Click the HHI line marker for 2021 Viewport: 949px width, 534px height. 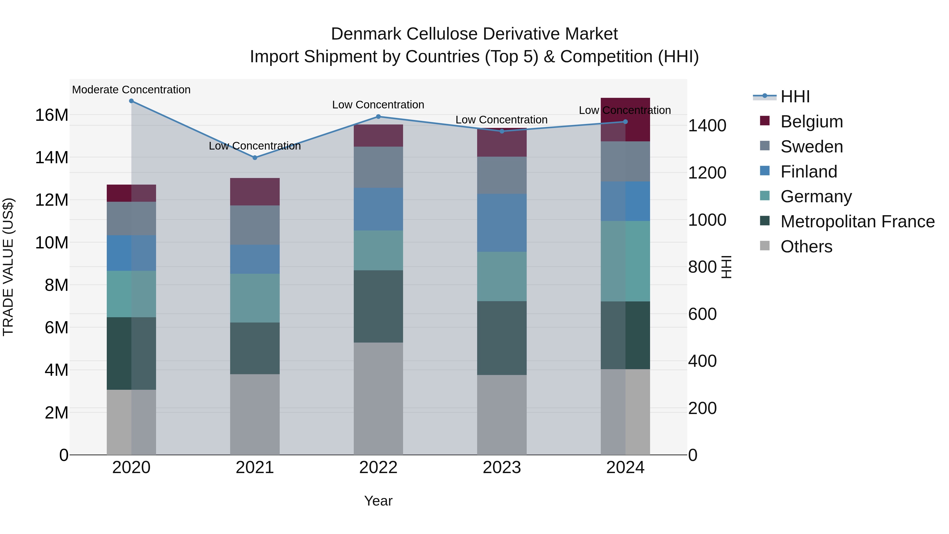click(x=255, y=158)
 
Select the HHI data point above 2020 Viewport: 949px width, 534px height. click(x=131, y=101)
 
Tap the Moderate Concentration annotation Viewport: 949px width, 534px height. click(x=131, y=90)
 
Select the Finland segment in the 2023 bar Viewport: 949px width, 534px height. click(x=501, y=223)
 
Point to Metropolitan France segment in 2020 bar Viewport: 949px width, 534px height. click(x=131, y=353)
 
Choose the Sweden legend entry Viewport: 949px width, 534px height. click(x=812, y=146)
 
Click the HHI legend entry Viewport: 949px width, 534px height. click(x=795, y=97)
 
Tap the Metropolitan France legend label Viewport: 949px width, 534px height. click(x=857, y=222)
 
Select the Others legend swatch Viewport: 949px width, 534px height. click(x=765, y=246)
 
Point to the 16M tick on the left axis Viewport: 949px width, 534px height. click(x=52, y=115)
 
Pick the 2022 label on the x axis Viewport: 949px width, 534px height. click(x=378, y=468)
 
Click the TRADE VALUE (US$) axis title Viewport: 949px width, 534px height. click(x=8, y=267)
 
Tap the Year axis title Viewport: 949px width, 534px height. click(x=378, y=501)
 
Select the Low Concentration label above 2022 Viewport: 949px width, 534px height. click(x=378, y=105)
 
